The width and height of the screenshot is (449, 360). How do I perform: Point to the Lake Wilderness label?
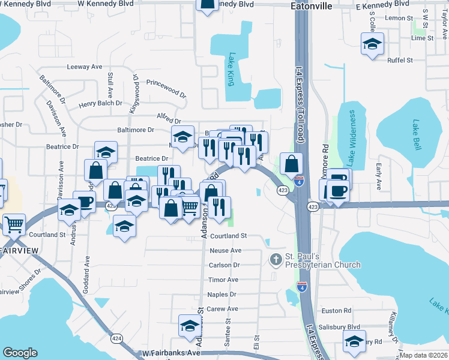[x=352, y=137]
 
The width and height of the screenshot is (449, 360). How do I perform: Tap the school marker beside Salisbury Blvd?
[x=354, y=342]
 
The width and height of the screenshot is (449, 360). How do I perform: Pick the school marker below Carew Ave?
[x=190, y=327]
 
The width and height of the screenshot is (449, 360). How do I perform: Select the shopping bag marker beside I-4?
[x=291, y=163]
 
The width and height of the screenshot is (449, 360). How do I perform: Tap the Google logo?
[x=20, y=353]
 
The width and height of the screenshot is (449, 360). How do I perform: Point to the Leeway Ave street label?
[x=85, y=67]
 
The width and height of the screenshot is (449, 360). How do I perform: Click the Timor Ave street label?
[x=223, y=280]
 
